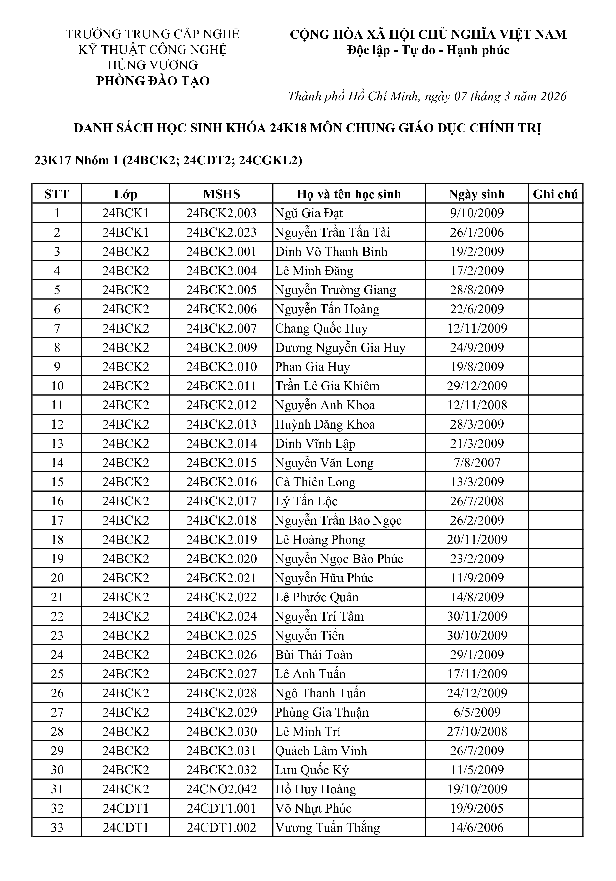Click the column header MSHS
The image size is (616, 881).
[221, 194]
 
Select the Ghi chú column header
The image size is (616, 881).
[555, 194]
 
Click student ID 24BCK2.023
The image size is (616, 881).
[221, 233]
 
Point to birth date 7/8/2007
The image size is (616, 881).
[477, 463]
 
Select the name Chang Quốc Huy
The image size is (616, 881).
[321, 328]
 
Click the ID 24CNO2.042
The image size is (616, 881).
[221, 789]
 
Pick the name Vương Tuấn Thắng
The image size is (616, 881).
[327, 827]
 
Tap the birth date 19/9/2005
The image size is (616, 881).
[477, 808]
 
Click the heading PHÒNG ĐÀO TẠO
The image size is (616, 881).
[153, 81]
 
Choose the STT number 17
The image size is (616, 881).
[57, 520]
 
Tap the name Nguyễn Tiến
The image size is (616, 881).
[309, 635]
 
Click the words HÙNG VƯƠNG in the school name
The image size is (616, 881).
[153, 65]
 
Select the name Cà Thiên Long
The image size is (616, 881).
[315, 482]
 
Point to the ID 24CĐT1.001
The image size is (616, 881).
[221, 808]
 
